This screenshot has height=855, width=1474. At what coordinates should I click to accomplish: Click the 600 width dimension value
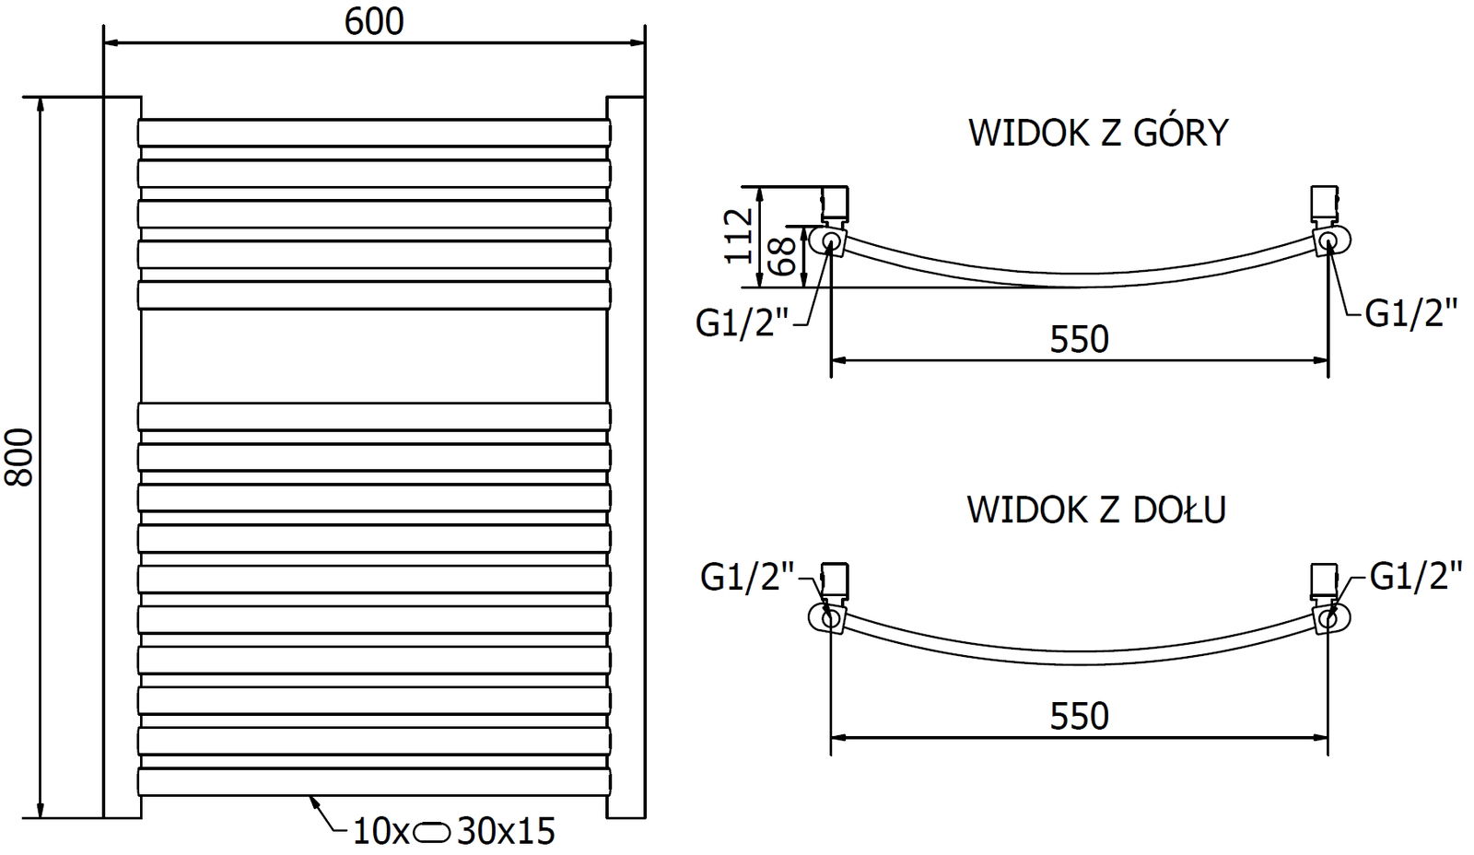pos(374,21)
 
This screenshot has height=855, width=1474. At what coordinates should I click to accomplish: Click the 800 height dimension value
pos(20,457)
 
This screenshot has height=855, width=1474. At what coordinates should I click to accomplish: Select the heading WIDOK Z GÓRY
pos(1098,134)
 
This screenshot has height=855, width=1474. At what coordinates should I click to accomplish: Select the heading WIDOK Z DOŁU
pos(1096,509)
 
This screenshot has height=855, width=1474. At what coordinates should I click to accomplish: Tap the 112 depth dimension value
pos(739,235)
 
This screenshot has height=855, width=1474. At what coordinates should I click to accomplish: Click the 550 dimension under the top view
pos(1080,340)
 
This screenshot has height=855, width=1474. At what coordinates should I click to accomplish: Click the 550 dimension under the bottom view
pos(1080,716)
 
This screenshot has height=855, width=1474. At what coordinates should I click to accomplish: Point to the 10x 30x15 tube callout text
pos(455,832)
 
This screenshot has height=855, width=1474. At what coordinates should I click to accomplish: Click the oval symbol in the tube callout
pos(433,833)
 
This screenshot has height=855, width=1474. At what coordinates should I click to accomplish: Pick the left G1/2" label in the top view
pos(743,323)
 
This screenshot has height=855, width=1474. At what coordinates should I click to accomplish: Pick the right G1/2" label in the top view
pos(1411,314)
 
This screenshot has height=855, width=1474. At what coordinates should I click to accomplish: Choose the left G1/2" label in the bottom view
pos(747,578)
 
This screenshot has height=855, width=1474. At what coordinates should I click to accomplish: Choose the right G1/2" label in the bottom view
pos(1416,578)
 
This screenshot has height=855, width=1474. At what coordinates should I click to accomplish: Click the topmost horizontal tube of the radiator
pos(373,132)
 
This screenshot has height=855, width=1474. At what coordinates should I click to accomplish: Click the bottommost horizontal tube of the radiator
pos(373,781)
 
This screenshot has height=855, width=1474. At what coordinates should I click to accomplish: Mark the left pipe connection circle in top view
pos(830,242)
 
